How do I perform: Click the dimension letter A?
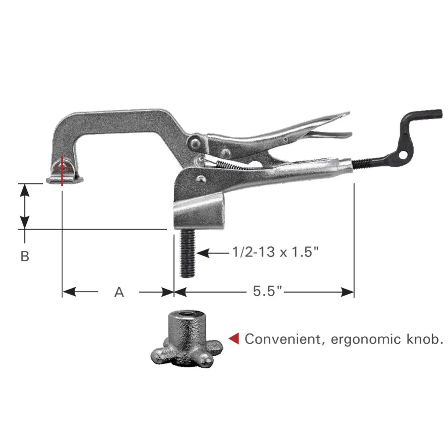point(118,292)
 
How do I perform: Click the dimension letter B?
point(25,256)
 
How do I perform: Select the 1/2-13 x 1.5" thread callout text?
point(275,253)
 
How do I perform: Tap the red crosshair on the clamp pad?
point(62,168)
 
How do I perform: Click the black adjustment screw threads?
point(365,163)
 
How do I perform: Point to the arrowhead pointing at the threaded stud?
point(202,253)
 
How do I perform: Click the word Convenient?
point(285,339)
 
